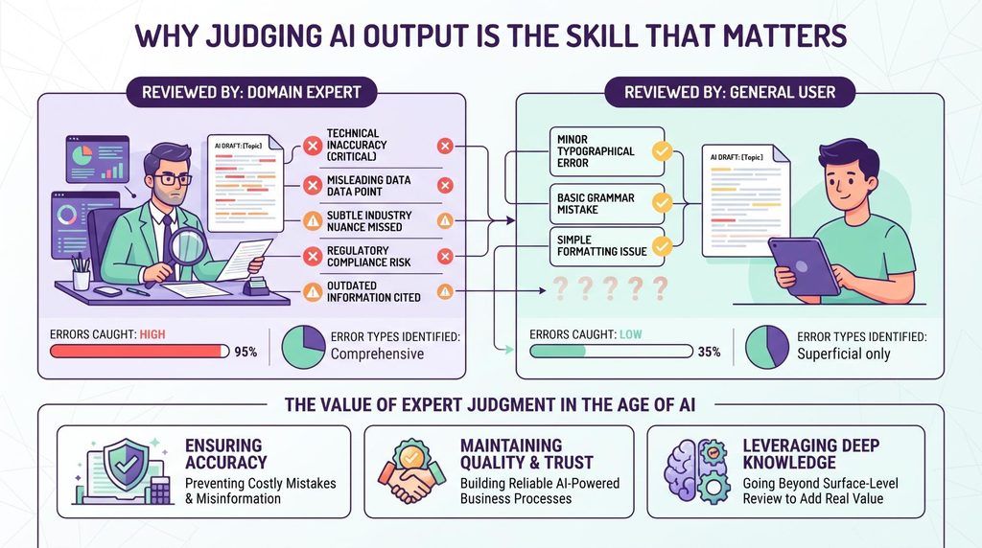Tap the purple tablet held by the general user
805,266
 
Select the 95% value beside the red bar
245,353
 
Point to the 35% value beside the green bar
709,353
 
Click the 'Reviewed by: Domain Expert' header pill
252,93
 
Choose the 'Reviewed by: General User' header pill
730,93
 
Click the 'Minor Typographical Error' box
607,151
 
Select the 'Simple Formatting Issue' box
607,246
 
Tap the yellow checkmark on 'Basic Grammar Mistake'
662,203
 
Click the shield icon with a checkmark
128,464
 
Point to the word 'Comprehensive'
377,354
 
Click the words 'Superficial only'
844,354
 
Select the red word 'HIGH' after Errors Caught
152,334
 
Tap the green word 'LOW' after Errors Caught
631,334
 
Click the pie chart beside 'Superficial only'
767,347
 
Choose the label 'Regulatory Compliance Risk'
369,257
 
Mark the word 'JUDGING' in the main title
264,35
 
